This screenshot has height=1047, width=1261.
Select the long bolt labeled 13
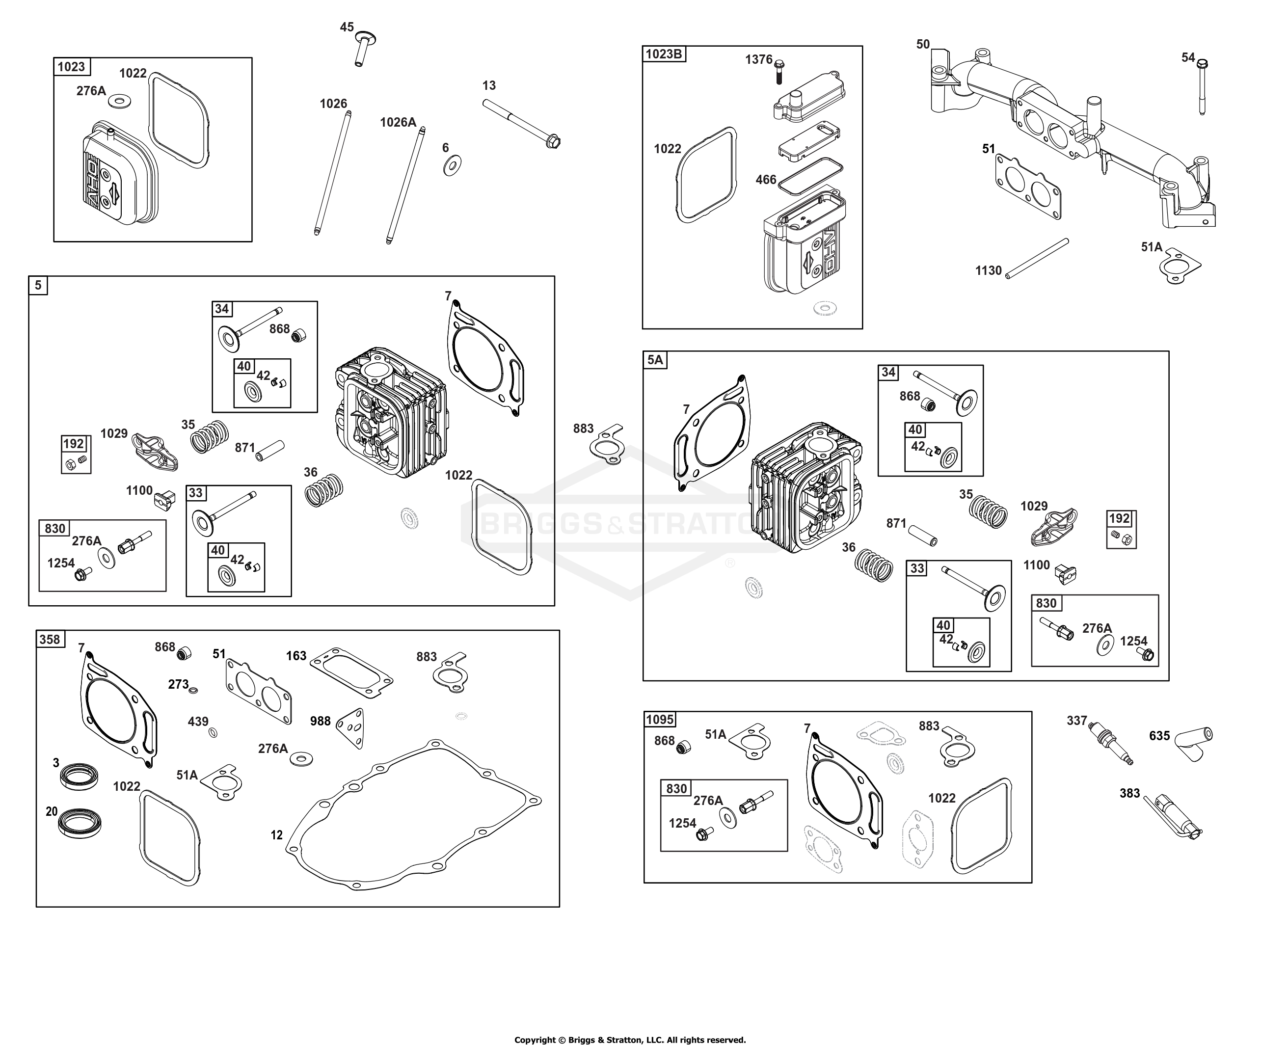(522, 124)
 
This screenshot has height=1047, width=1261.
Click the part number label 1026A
(398, 123)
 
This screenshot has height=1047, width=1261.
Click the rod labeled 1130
(1038, 258)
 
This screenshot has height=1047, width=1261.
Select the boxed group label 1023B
(664, 54)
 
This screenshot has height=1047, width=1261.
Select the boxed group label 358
(49, 639)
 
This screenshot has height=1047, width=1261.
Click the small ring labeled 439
(213, 732)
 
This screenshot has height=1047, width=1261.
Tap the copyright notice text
(630, 1040)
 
